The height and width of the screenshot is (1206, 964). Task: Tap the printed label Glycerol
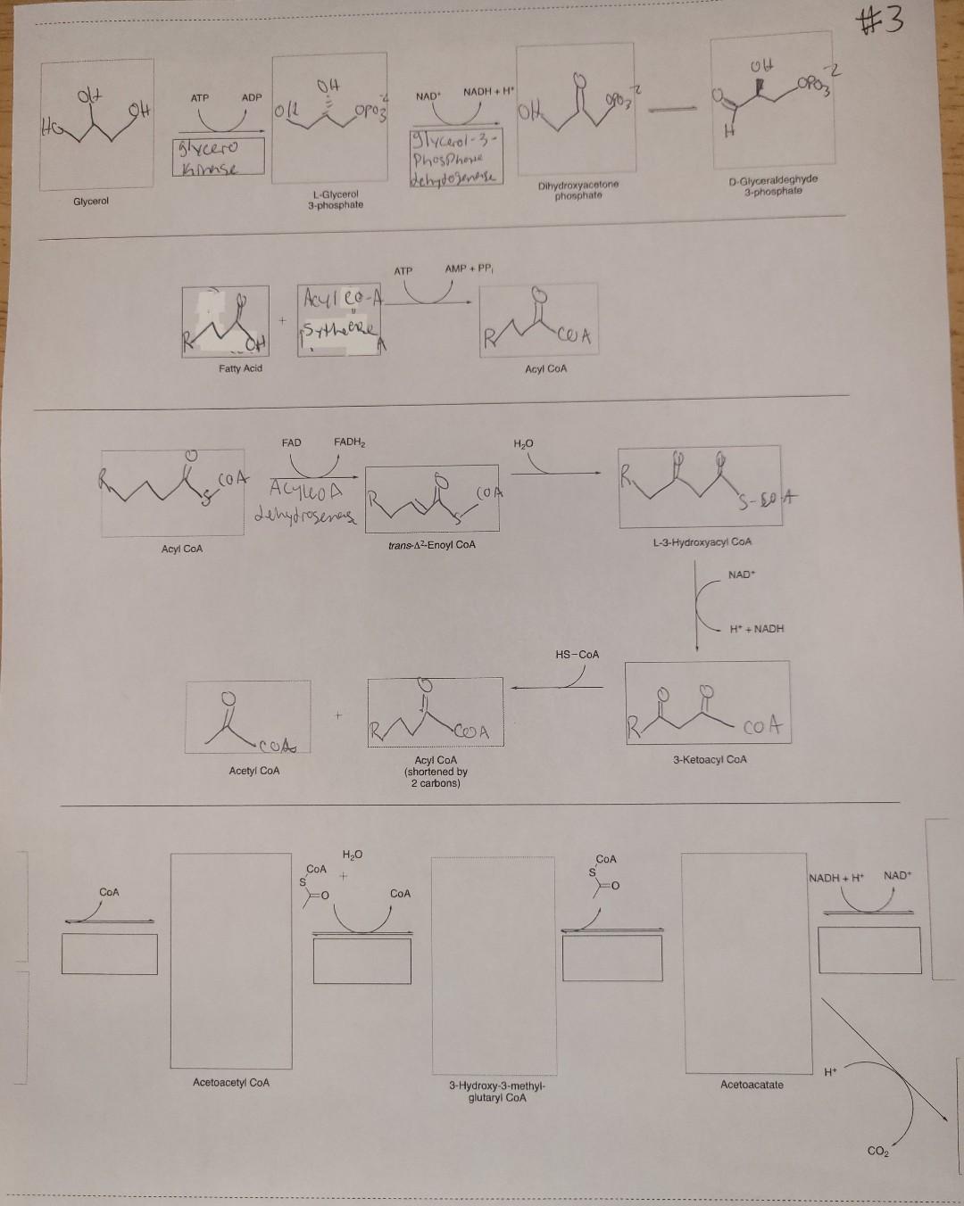91,202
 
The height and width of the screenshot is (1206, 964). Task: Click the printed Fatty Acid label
241,368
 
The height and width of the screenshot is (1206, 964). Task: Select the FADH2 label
350,442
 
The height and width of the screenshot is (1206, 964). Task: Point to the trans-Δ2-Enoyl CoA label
432,544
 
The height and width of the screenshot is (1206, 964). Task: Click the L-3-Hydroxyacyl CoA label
702,541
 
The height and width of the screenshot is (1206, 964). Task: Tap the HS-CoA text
578,654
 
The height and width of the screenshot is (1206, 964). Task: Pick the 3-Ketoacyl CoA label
710,759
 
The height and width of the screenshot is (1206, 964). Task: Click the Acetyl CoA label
254,770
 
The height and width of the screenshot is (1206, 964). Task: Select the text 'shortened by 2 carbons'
436,778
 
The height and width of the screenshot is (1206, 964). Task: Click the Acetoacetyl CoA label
231,1082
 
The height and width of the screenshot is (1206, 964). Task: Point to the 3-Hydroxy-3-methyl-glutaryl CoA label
497,1092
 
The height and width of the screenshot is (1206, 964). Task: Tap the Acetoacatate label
752,1085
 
